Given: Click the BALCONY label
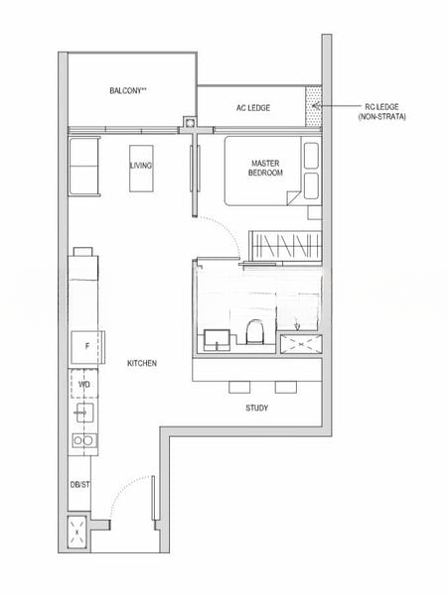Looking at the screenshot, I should coord(128,91).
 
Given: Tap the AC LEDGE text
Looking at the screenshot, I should coord(252,107).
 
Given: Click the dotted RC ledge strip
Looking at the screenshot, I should coord(315,104).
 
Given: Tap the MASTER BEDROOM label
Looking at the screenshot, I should coord(266,168).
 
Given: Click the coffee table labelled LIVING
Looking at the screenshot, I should coord(141,165).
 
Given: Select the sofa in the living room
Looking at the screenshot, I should coord(83,166).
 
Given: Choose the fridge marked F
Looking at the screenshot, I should coord(87,347).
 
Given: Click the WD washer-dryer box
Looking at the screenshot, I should coord(84,383).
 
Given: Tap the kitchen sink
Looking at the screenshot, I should coord(84,412).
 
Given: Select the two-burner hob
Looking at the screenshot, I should coord(84,440).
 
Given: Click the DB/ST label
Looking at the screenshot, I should coord(79,484).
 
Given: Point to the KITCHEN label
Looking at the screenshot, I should coord(142,364).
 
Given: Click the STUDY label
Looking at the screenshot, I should coord(256,408).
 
